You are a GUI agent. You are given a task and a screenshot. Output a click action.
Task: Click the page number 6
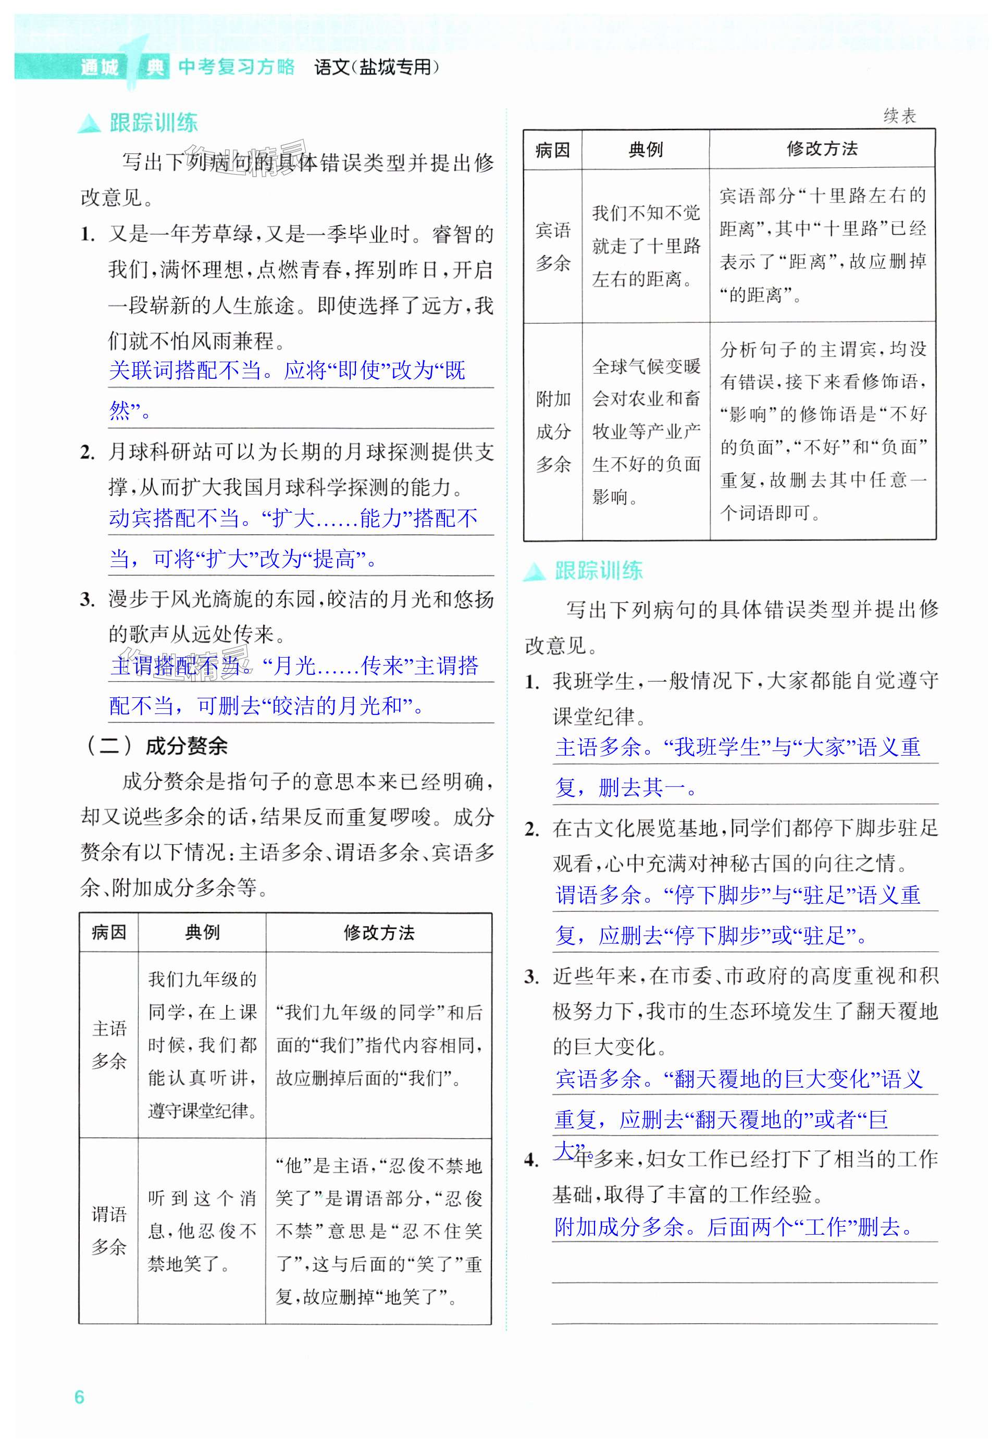[x=79, y=1397]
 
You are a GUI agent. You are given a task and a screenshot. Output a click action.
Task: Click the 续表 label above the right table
[x=899, y=116]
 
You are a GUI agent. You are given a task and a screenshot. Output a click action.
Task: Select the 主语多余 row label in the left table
[x=109, y=1044]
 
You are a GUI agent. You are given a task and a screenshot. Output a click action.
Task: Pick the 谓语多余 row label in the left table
[x=109, y=1230]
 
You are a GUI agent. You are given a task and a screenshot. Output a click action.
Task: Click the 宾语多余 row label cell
[x=552, y=247]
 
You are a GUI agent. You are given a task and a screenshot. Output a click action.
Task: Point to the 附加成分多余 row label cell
[x=553, y=431]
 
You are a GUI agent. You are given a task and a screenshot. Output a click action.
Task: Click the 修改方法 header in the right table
[x=822, y=149]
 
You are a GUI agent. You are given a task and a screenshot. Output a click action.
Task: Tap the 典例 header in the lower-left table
[x=202, y=932]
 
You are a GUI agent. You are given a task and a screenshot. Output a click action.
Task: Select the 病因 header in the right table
[x=552, y=150]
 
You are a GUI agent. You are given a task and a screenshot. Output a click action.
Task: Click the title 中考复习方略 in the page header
[x=237, y=67]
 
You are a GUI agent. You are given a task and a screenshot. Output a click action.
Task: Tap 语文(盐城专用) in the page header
[x=376, y=67]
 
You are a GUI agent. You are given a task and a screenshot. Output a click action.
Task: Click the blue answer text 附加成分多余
[x=619, y=1226]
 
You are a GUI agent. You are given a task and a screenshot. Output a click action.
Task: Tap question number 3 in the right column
[x=531, y=976]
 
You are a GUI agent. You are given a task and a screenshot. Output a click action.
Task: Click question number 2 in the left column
[x=88, y=452]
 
